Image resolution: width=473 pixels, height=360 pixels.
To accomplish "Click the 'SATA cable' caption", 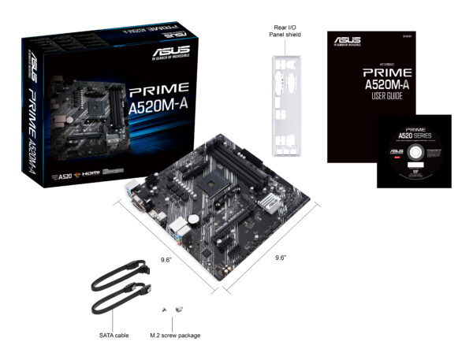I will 116,335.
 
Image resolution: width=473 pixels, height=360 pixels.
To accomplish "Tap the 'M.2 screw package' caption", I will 174,335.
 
